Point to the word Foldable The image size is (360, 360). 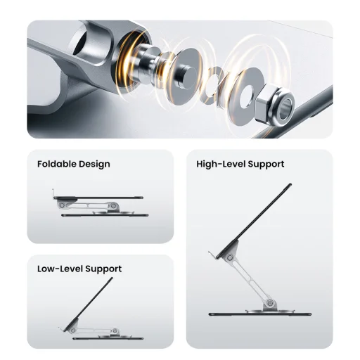[x=56, y=164]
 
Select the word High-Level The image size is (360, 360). [x=221, y=164]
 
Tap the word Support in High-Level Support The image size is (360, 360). [x=266, y=165]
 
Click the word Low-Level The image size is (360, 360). [x=60, y=269]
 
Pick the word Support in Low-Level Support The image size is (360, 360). [x=103, y=269]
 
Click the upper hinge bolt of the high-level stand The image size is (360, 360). [x=230, y=258]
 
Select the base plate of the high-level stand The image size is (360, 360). [x=260, y=314]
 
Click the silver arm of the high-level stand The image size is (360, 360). [x=251, y=281]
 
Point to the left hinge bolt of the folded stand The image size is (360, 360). [x=62, y=205]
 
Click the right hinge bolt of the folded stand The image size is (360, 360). [x=114, y=206]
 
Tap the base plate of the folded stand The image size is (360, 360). [x=105, y=215]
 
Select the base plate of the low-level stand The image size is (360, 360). [x=108, y=338]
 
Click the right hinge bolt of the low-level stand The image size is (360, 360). [x=115, y=330]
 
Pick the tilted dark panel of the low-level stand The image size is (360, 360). [x=89, y=304]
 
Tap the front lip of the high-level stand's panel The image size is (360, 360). [x=212, y=255]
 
